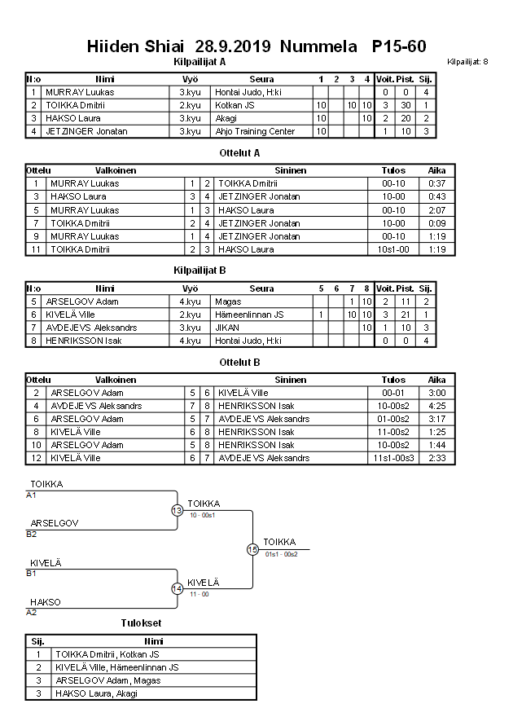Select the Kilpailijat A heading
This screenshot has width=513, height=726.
[199, 61]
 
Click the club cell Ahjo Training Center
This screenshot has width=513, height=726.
[255, 131]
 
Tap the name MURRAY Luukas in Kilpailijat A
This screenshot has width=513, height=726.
[80, 92]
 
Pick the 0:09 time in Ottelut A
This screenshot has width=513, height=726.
[436, 222]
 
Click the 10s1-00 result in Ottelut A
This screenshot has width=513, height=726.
[393, 249]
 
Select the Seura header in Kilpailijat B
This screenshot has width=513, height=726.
[261, 288]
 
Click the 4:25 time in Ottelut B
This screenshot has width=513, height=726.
[436, 405]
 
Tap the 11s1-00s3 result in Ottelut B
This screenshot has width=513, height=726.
[393, 458]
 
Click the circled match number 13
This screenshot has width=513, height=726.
[178, 510]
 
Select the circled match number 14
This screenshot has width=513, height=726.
[178, 588]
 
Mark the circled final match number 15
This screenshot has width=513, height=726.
[252, 549]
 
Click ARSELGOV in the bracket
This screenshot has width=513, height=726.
[55, 523]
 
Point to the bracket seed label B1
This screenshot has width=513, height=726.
[31, 573]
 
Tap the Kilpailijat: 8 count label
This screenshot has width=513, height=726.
[467, 61]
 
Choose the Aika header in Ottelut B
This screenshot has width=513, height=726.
[436, 379]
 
